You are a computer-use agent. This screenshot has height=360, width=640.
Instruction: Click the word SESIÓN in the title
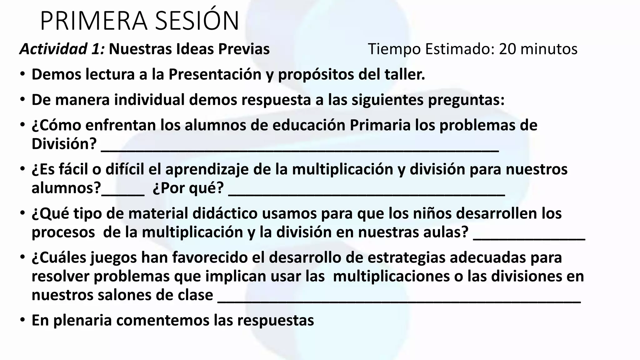point(197,21)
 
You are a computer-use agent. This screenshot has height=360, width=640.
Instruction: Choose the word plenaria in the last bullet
point(82,321)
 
